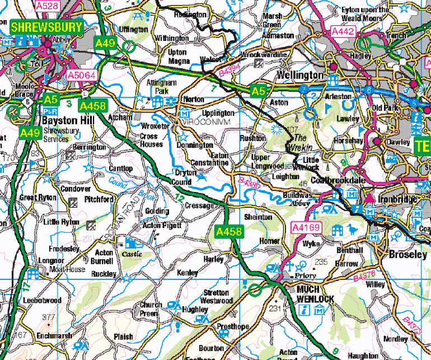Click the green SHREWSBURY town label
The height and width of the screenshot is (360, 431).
(46, 27)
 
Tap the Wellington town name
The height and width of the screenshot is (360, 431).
(300, 75)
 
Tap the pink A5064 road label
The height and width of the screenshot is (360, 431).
(82, 74)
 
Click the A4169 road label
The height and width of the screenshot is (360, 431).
(306, 227)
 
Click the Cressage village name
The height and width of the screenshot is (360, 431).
(200, 205)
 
